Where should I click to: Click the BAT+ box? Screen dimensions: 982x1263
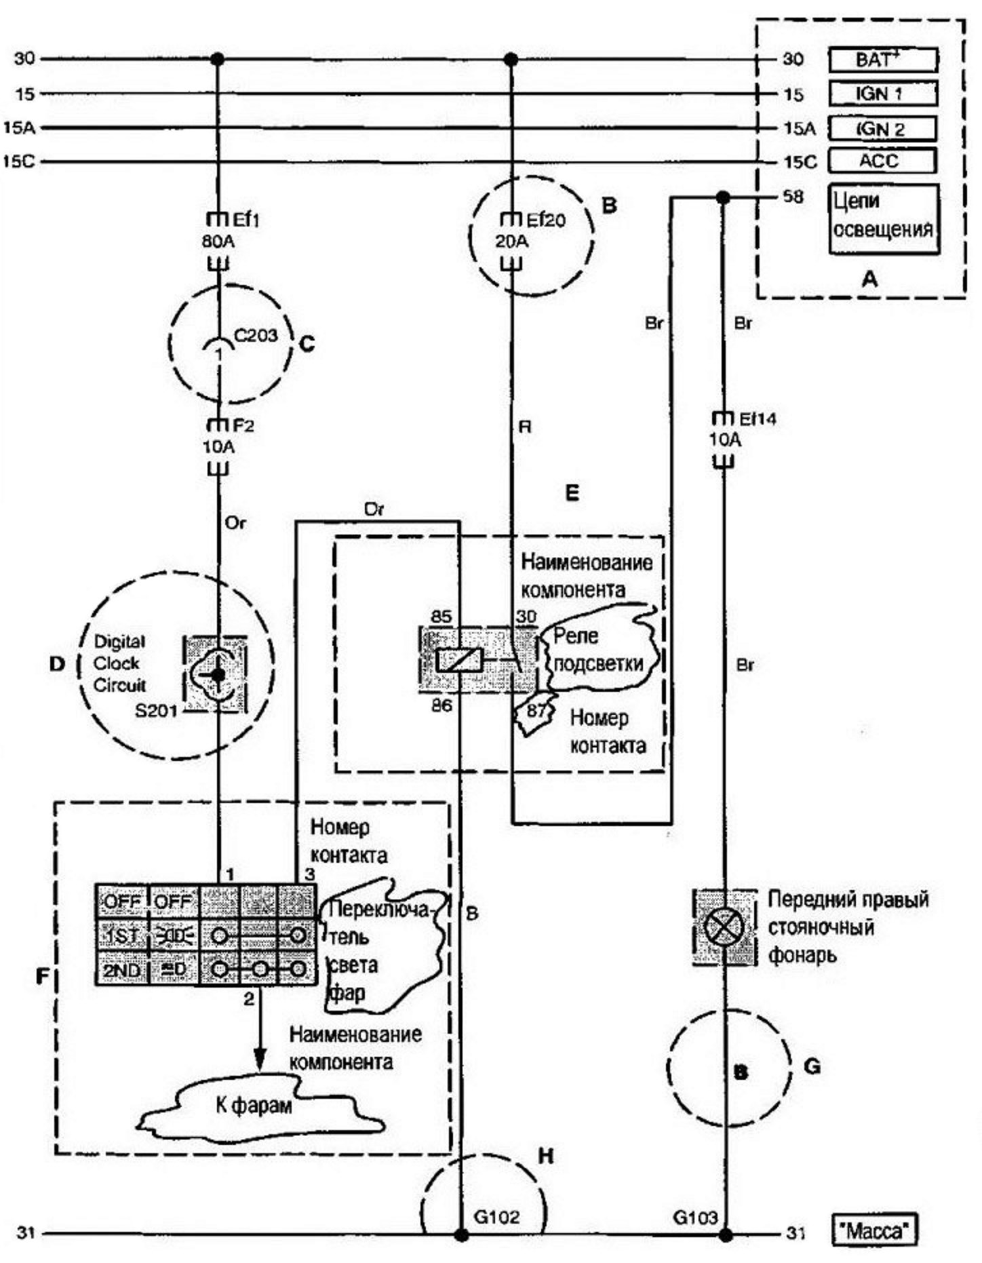tap(883, 60)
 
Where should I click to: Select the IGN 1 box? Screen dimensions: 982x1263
tap(883, 94)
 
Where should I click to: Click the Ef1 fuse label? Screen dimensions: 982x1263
tap(246, 220)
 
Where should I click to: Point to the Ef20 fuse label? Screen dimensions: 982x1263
tap(546, 220)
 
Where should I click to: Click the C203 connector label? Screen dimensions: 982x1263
tap(256, 335)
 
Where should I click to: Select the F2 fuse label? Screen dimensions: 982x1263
tap(243, 426)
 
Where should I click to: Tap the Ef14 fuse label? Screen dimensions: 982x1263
tap(758, 419)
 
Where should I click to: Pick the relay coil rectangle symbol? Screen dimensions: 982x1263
tap(459, 659)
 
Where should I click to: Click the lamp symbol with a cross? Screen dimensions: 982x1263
tap(724, 927)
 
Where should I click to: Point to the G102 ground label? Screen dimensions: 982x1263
tap(496, 1216)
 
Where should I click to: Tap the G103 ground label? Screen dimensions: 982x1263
tap(695, 1217)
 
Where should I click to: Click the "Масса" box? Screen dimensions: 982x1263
tap(874, 1230)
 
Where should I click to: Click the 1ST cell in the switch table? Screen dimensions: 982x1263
tap(121, 936)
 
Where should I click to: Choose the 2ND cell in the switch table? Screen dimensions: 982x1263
tap(121, 969)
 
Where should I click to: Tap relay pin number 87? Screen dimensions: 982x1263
tap(536, 711)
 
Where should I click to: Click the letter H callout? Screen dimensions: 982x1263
tap(546, 1155)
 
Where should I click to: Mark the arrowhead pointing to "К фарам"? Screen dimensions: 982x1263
tap(258, 1060)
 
